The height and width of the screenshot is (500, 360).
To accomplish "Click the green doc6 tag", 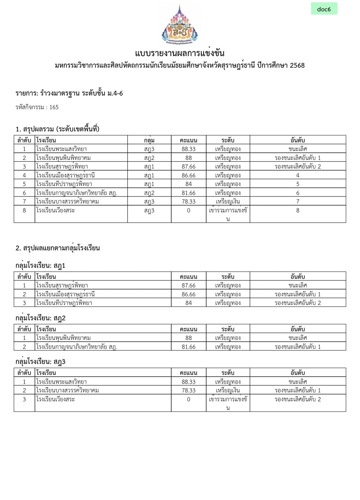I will (324, 9).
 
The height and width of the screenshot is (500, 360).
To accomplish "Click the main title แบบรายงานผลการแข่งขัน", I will (180, 53).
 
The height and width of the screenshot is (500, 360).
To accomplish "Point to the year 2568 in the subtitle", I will (297, 65).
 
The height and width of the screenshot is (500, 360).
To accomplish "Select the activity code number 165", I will (54, 107).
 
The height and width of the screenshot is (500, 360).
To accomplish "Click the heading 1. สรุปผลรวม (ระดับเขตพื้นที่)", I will (57, 129).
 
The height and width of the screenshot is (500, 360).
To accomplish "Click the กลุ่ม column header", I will (149, 140).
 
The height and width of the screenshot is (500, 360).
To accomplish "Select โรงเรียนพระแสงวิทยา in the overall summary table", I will (61, 149).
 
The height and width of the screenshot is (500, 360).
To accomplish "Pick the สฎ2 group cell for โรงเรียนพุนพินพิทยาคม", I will (149, 158).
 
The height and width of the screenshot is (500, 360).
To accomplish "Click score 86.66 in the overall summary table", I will (188, 175).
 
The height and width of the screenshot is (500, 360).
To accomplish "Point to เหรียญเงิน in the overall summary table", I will (228, 201).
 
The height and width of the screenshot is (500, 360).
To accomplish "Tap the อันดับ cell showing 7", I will (297, 201).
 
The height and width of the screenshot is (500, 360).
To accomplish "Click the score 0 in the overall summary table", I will (188, 210).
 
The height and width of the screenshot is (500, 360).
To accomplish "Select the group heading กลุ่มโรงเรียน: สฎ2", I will (40, 318).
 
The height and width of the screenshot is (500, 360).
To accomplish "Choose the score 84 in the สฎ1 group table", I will (188, 303).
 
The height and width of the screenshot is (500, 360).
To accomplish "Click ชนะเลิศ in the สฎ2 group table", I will (297, 338).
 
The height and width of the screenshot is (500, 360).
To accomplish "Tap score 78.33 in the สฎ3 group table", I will (188, 391).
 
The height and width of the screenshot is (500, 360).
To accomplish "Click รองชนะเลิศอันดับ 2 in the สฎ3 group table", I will (297, 399).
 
